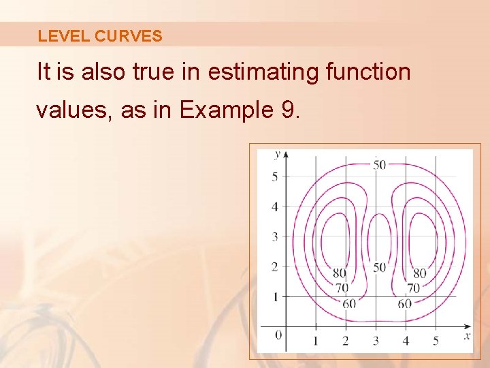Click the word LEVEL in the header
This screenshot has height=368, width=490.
[63, 36]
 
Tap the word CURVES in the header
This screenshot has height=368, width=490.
[129, 36]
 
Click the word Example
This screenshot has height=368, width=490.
[226, 109]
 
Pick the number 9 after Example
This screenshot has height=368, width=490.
[287, 109]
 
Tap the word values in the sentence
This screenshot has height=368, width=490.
[74, 109]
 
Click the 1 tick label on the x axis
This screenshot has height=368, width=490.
[316, 340]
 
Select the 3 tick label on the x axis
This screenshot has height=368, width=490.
[376, 340]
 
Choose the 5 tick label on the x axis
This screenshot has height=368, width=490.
[436, 340]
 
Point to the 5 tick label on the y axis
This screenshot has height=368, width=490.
[275, 177]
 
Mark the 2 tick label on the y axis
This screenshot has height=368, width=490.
[275, 266]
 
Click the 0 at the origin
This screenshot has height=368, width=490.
[278, 335]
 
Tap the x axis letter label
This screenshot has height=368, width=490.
[468, 335]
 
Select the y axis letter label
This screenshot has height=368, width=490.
[277, 154]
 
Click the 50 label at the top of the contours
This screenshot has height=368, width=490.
[379, 164]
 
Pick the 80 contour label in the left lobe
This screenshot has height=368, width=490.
[340, 274]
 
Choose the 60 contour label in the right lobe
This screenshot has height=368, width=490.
[405, 304]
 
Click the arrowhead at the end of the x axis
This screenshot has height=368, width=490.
[468, 325]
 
